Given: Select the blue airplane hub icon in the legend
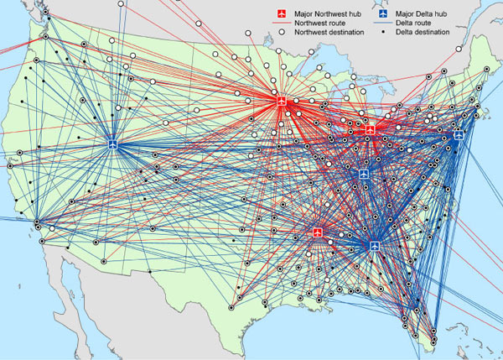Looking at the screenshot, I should click(383, 13).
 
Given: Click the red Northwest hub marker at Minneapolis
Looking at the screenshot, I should click(281, 101).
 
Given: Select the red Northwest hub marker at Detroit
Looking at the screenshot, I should click(370, 129).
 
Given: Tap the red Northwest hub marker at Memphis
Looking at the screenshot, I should click(318, 232).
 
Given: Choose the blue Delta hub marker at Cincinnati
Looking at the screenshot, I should click(364, 173).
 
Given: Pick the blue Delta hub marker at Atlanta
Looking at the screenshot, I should click(375, 244).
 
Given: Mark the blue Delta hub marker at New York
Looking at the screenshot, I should click(459, 134).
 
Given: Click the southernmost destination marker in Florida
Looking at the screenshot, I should click(433, 339).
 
